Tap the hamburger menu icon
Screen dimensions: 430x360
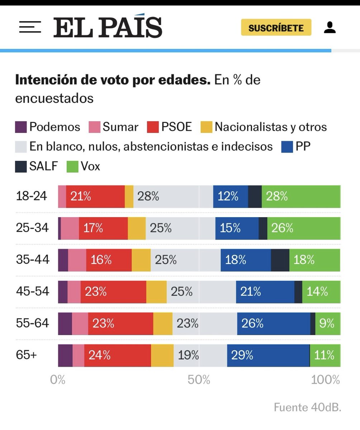pos(30,28)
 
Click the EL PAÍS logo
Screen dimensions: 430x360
pos(108,28)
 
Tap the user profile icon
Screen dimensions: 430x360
pos(330,28)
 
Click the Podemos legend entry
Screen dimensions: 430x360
pos(48,127)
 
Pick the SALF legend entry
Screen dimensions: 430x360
pos(37,166)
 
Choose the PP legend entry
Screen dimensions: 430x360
pos(296,147)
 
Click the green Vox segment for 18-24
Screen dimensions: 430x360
pos(301,196)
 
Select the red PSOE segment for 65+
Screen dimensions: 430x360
pos(117,355)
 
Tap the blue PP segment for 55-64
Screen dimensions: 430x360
pos(273,324)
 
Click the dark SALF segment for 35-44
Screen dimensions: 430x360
pos(280,260)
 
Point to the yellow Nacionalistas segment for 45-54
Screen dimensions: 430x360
pos(156,292)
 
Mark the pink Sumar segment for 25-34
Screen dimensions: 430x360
pos(70,228)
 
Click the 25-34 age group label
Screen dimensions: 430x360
pos(32,228)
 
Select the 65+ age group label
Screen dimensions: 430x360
pos(26,355)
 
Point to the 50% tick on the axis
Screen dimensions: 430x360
pos(199,380)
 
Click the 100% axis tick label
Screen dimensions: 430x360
pos(325,380)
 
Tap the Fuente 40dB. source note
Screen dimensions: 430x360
pos(307,407)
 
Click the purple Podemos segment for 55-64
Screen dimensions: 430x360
pos(65,324)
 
